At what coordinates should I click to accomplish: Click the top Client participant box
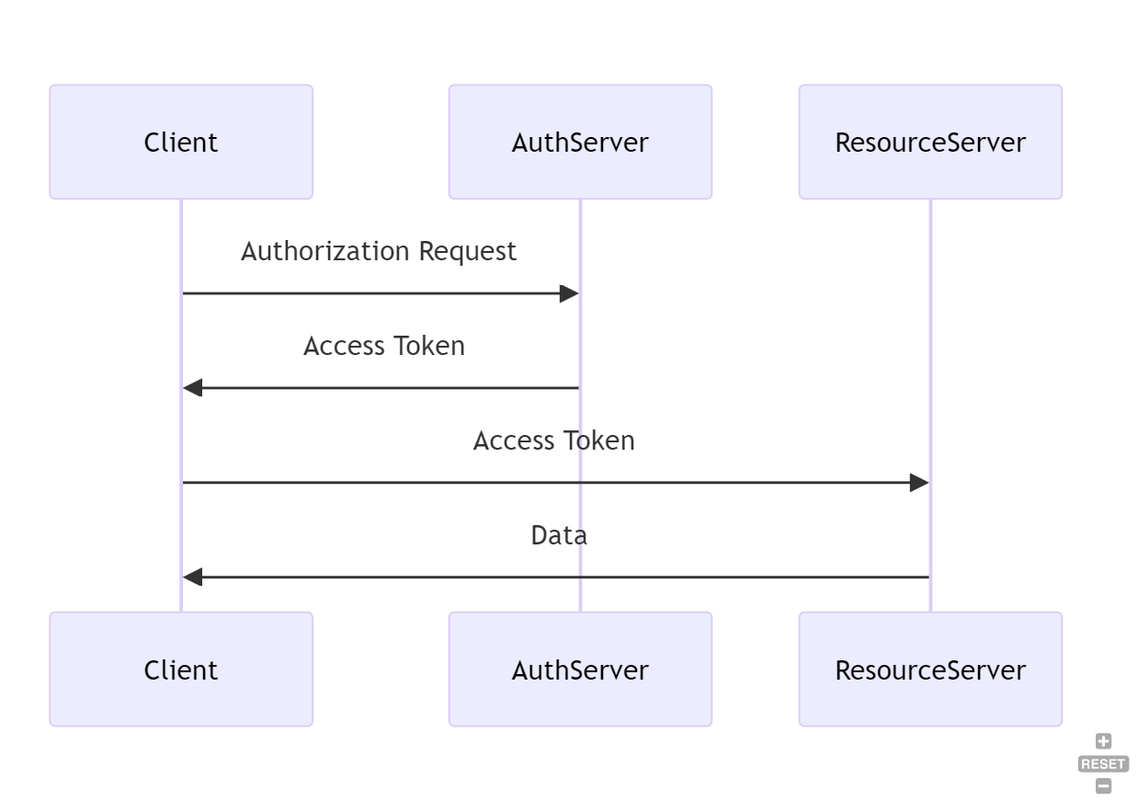181,143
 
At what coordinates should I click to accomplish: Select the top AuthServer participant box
580,143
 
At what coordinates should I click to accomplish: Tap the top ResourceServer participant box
930,143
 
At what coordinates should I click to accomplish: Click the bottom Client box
181,669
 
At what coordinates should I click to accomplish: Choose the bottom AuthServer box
580,669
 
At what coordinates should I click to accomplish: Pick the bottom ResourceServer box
930,669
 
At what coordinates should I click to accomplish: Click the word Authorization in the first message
325,252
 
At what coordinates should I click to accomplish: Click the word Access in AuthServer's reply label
344,347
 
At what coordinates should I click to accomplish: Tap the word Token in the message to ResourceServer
599,441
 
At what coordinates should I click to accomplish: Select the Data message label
559,536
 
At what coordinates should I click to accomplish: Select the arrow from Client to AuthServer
377,294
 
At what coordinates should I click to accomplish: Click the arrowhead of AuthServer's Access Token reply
192,388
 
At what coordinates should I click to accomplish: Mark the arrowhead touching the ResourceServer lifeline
919,483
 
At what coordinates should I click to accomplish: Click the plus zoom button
1103,742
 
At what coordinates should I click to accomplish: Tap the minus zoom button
1103,786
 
